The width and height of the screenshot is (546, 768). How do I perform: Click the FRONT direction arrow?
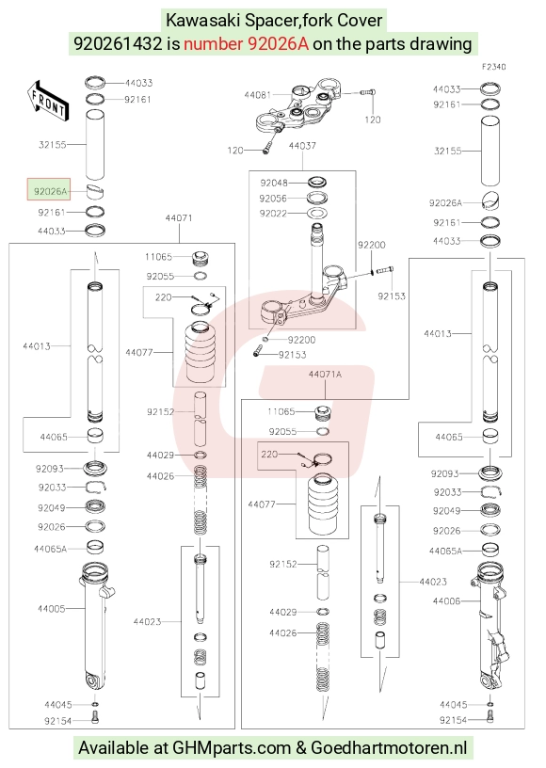coord(48,101)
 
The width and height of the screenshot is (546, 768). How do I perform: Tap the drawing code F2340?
coord(493,67)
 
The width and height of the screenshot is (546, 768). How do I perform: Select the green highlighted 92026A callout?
coord(49,189)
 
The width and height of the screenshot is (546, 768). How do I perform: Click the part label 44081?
coord(257,94)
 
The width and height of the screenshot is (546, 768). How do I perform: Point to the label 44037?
coord(302,146)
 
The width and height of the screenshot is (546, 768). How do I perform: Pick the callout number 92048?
coord(274,183)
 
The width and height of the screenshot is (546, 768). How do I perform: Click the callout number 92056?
coord(273,199)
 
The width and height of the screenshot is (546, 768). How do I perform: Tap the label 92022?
coord(273,214)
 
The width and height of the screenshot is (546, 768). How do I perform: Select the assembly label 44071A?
coord(325,375)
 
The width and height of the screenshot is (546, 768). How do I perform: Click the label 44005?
coord(52,608)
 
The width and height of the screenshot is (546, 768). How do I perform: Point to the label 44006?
coord(446,601)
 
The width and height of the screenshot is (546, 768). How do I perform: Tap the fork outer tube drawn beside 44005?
coord(96,626)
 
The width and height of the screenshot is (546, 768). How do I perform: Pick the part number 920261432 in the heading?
coord(118,44)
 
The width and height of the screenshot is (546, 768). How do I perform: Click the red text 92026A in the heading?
coord(278,44)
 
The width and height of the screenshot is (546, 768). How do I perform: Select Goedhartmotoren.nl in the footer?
coord(389,748)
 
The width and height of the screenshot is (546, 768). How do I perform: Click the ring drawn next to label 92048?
coord(317,183)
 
